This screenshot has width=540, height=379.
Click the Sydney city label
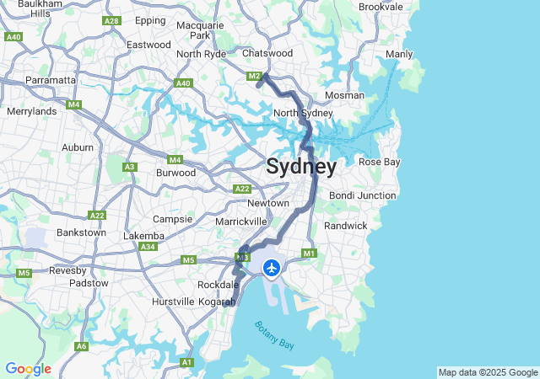pos(301,167)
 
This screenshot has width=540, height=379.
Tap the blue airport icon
pos(272,268)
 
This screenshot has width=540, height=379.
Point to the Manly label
pos(399,55)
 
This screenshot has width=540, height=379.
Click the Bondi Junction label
pos(362,195)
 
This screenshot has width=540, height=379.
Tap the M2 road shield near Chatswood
pos(255,77)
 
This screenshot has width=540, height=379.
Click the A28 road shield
pos(111,20)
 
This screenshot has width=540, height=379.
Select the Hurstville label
pos(172,301)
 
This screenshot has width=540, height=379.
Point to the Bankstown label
pos(79,232)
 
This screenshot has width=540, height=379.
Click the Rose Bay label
pos(379,162)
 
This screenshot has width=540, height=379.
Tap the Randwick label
pos(346,226)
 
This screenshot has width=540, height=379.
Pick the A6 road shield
pos(81,346)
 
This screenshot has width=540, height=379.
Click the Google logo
pos(28,369)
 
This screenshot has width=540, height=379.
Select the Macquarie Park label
pos(200,30)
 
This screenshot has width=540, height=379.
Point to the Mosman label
pos(344,95)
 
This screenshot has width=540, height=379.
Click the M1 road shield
pos(309,254)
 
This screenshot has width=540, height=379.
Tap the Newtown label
pos(268,203)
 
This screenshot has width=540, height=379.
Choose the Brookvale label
pos(381,7)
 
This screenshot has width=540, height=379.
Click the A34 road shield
pos(148,247)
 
